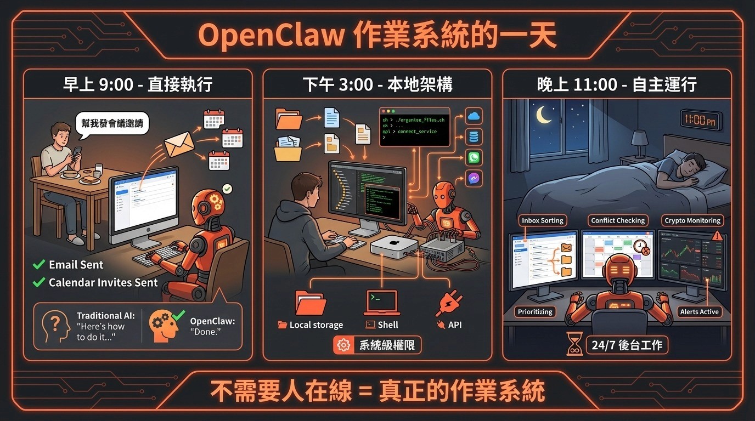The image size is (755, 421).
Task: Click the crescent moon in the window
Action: click(544, 115)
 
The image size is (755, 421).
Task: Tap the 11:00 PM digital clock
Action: click(701, 120)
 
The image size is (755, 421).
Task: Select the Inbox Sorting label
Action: click(543, 220)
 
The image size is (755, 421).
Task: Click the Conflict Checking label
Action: click(618, 220)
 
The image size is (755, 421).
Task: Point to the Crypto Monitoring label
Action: click(692, 220)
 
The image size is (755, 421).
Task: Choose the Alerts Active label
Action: click(700, 311)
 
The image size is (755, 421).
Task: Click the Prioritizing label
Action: click(536, 311)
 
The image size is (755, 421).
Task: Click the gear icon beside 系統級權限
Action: click(344, 345)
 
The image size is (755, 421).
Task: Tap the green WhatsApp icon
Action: click(473, 158)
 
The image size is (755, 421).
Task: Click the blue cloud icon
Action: click(473, 116)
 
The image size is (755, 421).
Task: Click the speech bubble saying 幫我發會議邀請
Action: click(111, 123)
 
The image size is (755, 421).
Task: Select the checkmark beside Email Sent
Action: click(39, 265)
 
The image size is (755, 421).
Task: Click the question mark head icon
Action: click(55, 326)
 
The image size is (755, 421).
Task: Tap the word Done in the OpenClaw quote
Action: click(203, 332)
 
